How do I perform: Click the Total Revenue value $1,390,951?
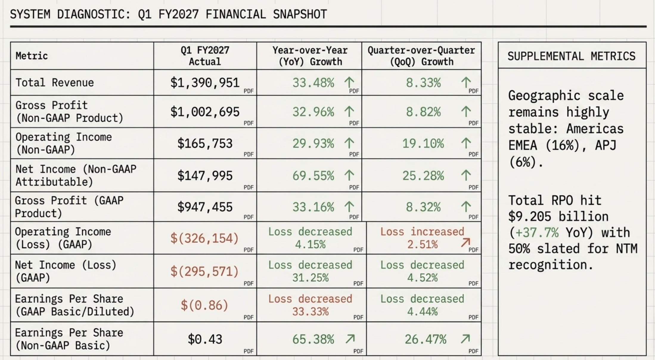pos(205,83)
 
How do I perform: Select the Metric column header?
pos(32,56)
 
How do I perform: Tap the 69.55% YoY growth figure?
pos(313,176)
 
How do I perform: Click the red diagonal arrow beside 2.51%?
pos(465,243)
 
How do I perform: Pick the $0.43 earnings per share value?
pos(205,339)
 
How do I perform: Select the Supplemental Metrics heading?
pos(572,56)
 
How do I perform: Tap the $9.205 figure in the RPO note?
pos(530,217)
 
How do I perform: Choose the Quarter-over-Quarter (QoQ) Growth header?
pos(421,56)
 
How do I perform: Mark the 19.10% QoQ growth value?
pos(423,144)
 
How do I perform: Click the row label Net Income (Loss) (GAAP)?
pos(66,271)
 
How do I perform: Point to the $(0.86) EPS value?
pos(204,305)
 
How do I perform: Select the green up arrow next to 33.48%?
pos(349,82)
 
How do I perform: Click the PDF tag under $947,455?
pos(249,217)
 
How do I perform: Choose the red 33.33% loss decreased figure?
pos(310,312)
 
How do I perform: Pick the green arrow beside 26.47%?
pos(465,339)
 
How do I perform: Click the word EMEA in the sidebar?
pos(523,145)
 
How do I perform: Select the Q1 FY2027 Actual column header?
pos(205,56)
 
